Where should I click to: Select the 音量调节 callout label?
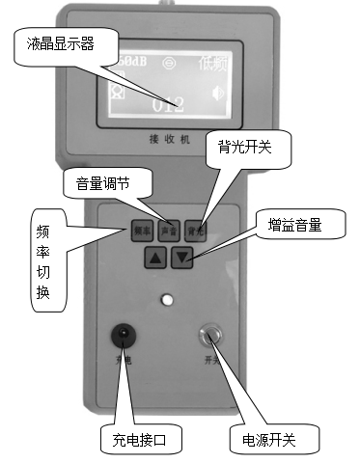tap(101, 182)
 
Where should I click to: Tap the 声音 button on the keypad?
tap(168, 231)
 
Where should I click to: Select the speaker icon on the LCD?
tap(218, 94)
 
